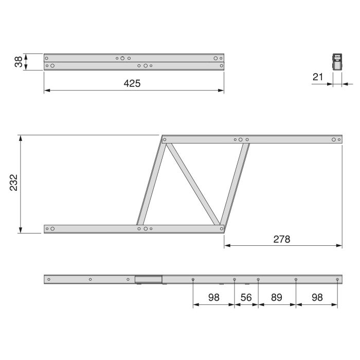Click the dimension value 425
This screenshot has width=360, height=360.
click(132, 83)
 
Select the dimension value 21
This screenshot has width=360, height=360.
click(318, 77)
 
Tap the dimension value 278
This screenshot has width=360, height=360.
click(282, 239)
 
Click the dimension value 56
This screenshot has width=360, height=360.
click(246, 298)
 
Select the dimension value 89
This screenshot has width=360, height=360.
click(277, 298)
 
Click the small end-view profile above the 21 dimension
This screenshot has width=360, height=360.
click(336, 62)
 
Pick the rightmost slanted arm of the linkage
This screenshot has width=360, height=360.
click(235, 184)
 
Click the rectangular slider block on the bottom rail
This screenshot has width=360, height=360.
click(149, 280)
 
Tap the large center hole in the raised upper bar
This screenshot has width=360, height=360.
click(240, 139)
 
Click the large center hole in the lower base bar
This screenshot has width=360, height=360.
click(146, 228)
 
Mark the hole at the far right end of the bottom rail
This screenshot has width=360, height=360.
click(337, 279)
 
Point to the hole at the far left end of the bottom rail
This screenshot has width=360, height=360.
click(49, 279)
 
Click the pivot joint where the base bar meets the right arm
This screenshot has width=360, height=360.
click(221, 227)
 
